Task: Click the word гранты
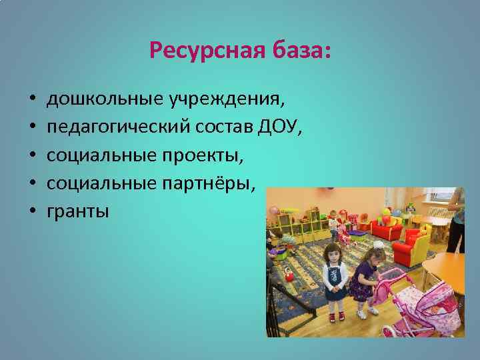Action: coord(77,212)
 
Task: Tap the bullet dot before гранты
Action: coord(32,212)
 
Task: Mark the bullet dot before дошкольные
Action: coord(32,100)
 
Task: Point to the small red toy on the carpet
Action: coord(287,274)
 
